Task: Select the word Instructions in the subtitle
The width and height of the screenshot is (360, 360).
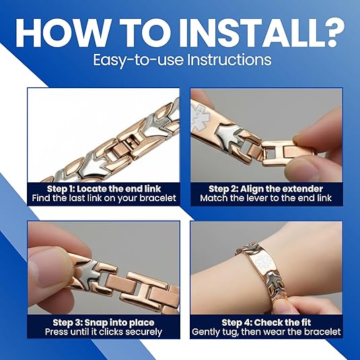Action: pyautogui.click(x=229, y=60)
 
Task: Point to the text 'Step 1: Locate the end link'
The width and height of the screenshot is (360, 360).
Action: pyautogui.click(x=104, y=188)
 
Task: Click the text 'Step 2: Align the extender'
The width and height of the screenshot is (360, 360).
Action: pyautogui.click(x=266, y=189)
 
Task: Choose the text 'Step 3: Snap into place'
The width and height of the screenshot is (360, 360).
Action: pyautogui.click(x=104, y=322)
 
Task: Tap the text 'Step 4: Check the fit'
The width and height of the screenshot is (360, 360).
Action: pyautogui.click(x=266, y=322)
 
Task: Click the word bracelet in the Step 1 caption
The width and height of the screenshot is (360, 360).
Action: pyautogui.click(x=157, y=198)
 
